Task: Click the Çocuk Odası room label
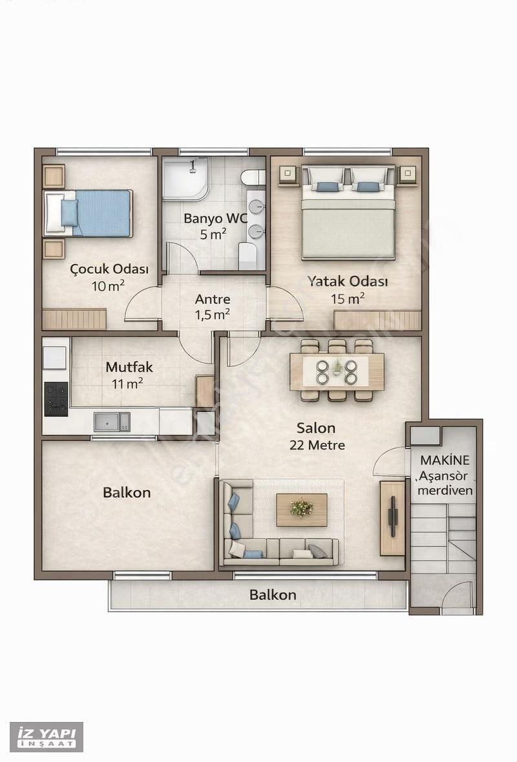(x=109, y=269)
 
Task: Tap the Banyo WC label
(x=215, y=218)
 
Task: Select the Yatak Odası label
(x=347, y=282)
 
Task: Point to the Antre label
(x=213, y=299)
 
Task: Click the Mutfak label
(x=129, y=367)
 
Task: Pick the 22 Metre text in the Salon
(x=317, y=445)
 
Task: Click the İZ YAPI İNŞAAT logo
(x=47, y=737)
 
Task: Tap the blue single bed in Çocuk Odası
(x=88, y=213)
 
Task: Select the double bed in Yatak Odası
(x=347, y=212)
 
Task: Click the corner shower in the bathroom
(x=186, y=178)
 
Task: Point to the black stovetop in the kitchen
(x=56, y=399)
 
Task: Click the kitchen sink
(x=112, y=421)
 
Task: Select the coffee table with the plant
(x=302, y=510)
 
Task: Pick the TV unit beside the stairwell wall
(x=392, y=517)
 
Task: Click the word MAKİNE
(x=445, y=460)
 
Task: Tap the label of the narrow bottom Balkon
(x=272, y=595)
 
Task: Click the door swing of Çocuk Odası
(x=143, y=304)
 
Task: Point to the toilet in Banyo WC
(x=253, y=178)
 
